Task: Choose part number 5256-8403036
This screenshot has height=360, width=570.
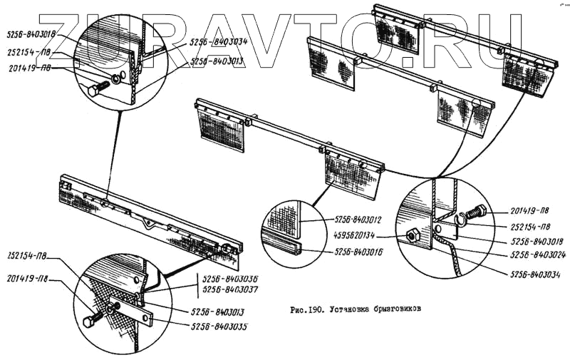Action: click(x=229, y=279)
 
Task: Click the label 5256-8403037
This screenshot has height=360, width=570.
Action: click(x=229, y=289)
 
